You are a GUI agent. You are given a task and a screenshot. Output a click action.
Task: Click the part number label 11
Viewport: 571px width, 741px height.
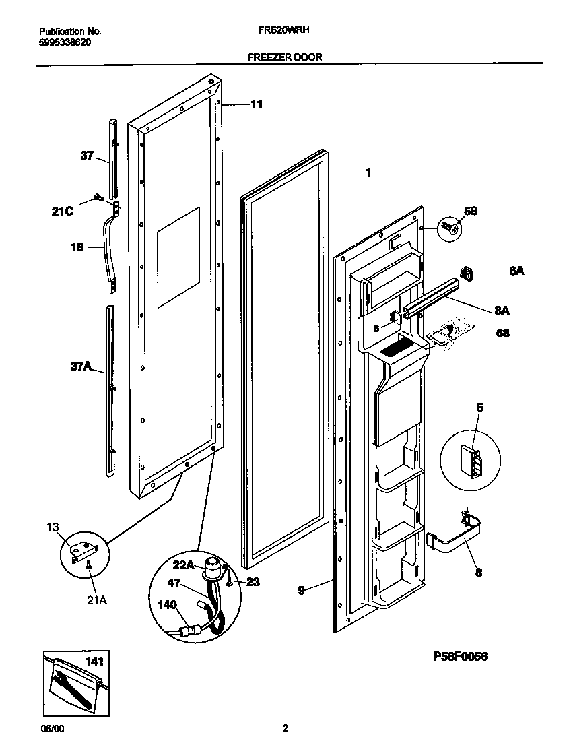(x=256, y=104)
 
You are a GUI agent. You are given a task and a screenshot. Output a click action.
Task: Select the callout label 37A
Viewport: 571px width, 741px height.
(x=80, y=366)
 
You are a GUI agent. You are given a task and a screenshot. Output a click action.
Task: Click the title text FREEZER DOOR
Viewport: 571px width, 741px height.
(x=285, y=57)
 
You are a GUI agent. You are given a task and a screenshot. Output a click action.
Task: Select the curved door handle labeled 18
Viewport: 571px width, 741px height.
(x=109, y=253)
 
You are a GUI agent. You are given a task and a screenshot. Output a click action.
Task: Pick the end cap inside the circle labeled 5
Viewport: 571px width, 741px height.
(x=471, y=461)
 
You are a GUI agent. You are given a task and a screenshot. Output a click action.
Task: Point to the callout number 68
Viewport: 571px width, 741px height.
(x=502, y=333)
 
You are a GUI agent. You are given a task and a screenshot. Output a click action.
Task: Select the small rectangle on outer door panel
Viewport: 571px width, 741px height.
(x=178, y=257)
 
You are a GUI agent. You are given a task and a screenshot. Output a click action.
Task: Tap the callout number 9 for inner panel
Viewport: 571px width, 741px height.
(x=302, y=589)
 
